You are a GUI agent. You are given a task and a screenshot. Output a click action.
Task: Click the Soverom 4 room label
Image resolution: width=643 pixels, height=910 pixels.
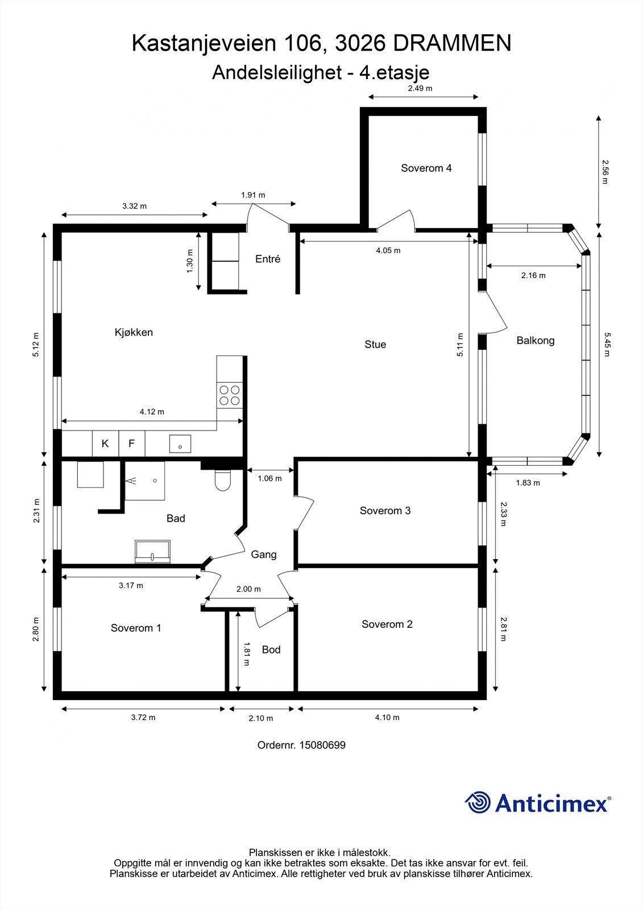pyautogui.click(x=426, y=168)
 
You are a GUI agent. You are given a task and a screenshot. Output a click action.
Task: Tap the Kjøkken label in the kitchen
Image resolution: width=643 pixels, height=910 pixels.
pyautogui.click(x=134, y=332)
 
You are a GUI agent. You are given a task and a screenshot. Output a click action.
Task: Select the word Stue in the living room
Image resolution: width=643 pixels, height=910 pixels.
pyautogui.click(x=375, y=345)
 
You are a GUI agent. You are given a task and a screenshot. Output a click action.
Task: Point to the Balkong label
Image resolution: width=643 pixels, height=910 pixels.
pyautogui.click(x=536, y=341)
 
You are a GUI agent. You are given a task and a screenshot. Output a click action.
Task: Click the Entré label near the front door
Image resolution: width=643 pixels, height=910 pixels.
pyautogui.click(x=268, y=259)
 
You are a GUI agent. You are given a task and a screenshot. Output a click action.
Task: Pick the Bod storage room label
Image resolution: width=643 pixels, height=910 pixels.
pyautogui.click(x=271, y=650)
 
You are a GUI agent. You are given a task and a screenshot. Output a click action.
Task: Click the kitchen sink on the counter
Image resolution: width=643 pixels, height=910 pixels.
pyautogui.click(x=180, y=444)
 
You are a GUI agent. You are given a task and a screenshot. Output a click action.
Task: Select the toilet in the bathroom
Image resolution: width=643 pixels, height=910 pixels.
pyautogui.click(x=222, y=480)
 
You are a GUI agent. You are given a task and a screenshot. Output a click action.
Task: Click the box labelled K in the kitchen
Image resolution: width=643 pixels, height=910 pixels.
pyautogui.click(x=105, y=444)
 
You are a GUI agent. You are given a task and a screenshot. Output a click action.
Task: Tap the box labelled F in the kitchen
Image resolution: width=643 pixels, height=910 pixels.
pyautogui.click(x=131, y=444)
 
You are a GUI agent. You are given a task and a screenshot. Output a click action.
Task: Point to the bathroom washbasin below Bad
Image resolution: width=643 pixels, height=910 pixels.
pyautogui.click(x=152, y=552)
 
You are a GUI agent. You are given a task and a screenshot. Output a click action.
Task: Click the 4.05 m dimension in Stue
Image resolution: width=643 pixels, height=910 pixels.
pyautogui.click(x=388, y=250)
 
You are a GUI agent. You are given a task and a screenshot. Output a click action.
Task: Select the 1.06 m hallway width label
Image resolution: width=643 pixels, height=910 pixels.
pyautogui.click(x=269, y=478)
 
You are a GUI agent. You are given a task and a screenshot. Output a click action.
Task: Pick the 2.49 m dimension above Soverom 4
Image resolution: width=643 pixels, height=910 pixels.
pyautogui.click(x=420, y=88)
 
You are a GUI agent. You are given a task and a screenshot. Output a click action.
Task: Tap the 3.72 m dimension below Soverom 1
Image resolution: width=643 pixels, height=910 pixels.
pyautogui.click(x=143, y=717)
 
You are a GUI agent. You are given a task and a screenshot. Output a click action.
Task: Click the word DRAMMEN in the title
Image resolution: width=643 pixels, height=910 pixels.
pyautogui.click(x=452, y=43)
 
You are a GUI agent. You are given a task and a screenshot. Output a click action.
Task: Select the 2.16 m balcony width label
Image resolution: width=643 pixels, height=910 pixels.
pyautogui.click(x=533, y=275)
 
